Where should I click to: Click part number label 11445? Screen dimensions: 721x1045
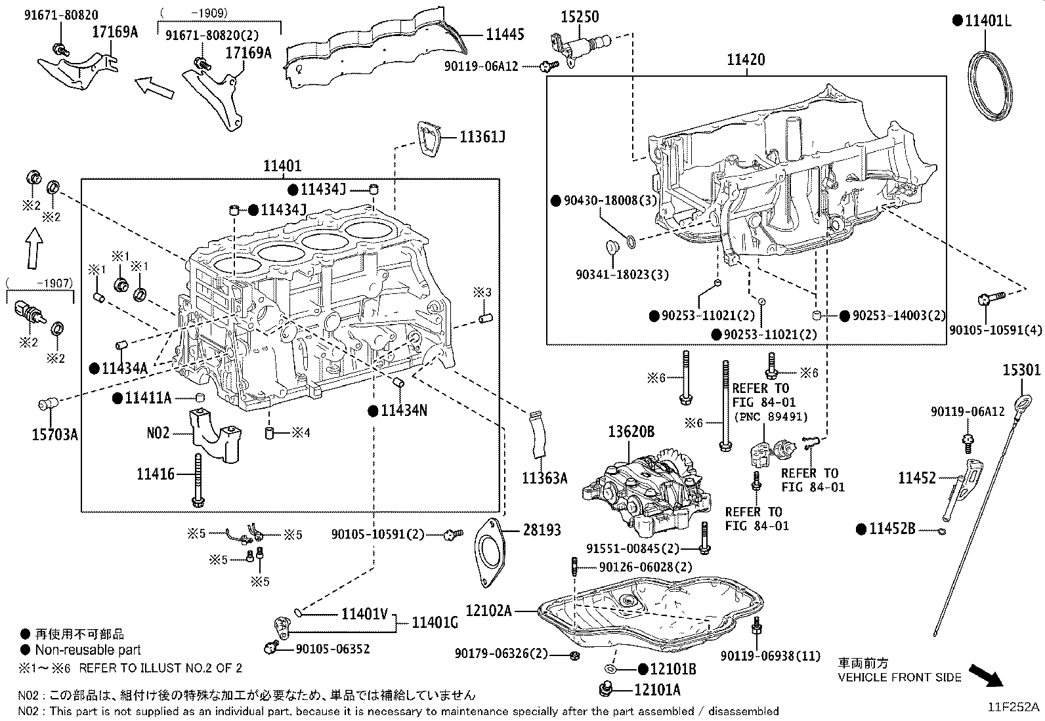point(505,34)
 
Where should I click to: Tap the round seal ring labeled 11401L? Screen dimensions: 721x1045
point(991,86)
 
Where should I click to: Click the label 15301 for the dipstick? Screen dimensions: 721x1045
point(1021,371)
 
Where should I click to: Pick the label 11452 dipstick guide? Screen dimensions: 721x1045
point(917,478)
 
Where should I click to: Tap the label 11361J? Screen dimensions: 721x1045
point(482,137)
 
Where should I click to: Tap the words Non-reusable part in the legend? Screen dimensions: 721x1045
point(88,650)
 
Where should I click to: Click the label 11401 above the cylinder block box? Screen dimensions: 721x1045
point(282,167)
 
